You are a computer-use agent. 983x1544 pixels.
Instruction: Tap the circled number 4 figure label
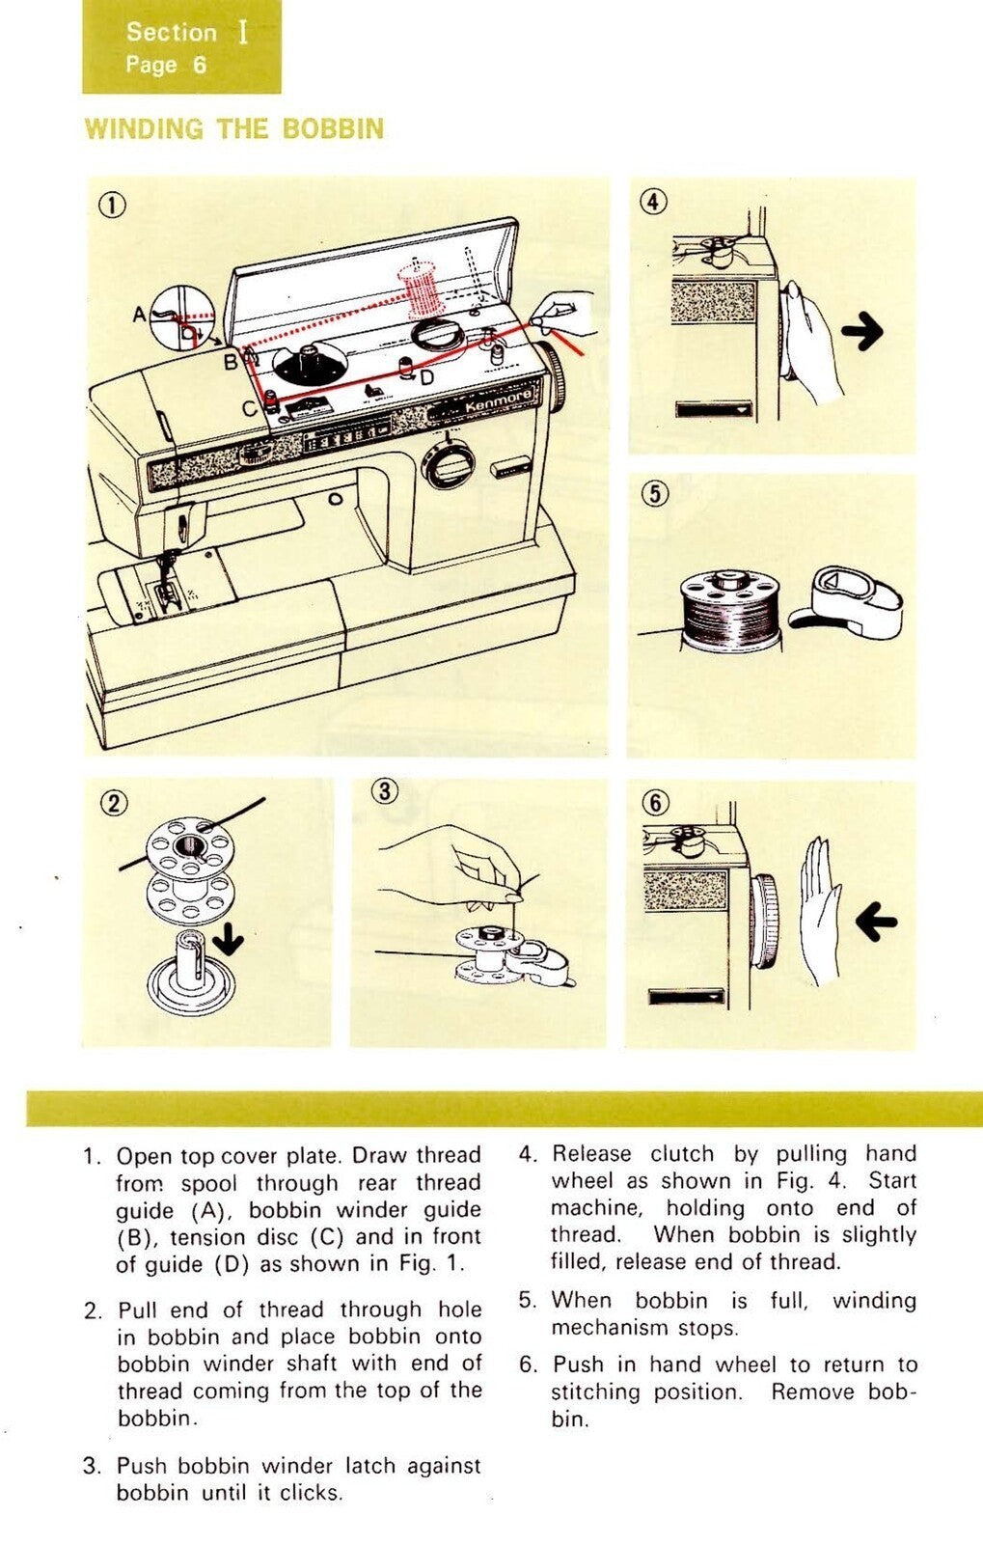pos(654,202)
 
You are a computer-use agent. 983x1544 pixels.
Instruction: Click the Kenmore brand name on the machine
pos(498,401)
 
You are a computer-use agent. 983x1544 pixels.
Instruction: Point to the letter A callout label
pos(139,315)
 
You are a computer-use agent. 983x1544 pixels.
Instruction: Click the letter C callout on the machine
pos(249,408)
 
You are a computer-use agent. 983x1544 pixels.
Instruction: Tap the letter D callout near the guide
pos(426,377)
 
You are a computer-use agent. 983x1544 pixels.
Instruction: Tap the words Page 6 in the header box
pos(165,65)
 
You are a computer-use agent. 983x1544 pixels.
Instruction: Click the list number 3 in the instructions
pos(92,1467)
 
